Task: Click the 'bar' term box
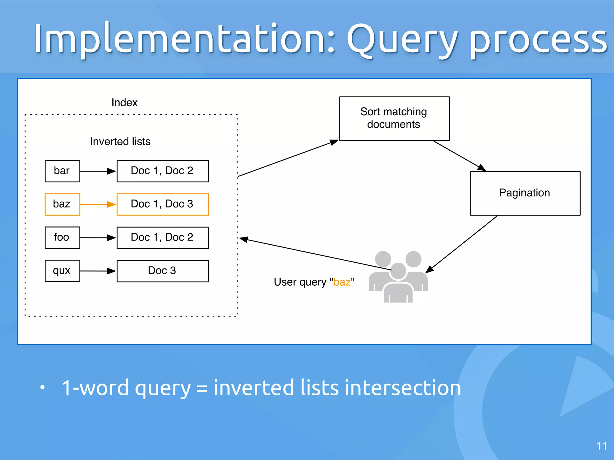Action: click(62, 171)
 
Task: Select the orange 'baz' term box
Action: click(62, 204)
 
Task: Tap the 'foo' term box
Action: click(62, 237)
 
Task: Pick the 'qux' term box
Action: click(62, 271)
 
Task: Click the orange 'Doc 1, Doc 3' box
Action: click(162, 204)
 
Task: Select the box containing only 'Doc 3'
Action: click(162, 271)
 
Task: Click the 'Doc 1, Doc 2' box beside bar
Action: click(162, 171)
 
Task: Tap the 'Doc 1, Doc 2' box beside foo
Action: click(162, 237)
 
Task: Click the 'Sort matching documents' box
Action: click(394, 118)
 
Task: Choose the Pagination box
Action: click(525, 193)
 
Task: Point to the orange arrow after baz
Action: click(98, 204)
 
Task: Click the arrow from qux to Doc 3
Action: click(98, 271)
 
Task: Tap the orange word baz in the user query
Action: click(342, 282)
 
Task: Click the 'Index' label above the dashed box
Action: click(124, 102)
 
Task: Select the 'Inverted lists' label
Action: click(120, 141)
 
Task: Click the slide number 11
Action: click(601, 446)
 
